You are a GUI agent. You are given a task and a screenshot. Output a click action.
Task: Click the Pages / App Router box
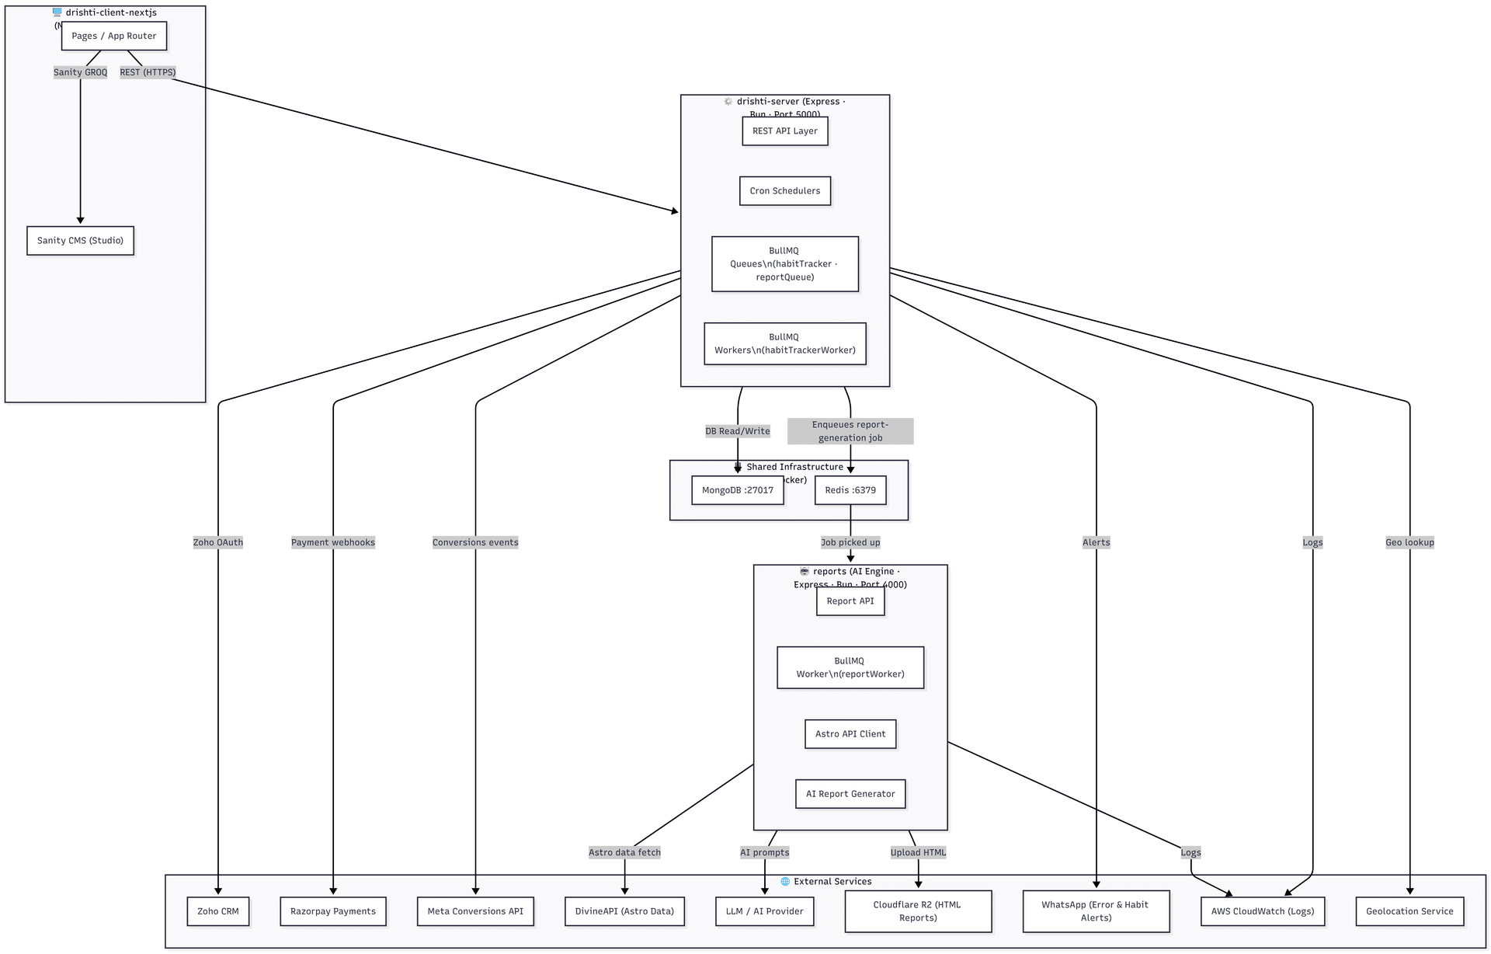pos(114,36)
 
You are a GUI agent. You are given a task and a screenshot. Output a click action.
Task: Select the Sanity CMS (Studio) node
pos(80,241)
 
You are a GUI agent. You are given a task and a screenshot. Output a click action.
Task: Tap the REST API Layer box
pos(784,131)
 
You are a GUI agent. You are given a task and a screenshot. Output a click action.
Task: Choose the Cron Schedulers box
pos(784,191)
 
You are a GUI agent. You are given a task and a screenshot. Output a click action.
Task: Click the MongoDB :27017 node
pos(737,490)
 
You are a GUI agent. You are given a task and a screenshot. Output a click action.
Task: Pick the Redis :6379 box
pos(850,490)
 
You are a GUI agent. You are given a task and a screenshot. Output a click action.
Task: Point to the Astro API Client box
pos(850,734)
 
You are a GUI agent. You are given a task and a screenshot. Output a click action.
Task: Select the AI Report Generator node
pos(850,794)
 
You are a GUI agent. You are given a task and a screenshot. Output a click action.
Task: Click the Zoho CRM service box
pos(217,911)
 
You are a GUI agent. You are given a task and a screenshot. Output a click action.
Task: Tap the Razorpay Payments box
pos(332,911)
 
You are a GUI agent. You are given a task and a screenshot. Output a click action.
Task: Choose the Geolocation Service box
pos(1409,911)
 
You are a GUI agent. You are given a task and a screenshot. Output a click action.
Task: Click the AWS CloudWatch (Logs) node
pos(1262,911)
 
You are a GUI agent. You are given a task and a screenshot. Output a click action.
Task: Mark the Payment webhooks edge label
pos(332,542)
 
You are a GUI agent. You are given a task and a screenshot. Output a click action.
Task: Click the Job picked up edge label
pos(850,542)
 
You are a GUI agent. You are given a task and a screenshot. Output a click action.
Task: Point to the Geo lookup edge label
pos(1409,542)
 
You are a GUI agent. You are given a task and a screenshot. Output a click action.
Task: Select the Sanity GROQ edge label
pos(80,72)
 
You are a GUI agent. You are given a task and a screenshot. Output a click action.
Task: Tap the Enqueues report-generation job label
pos(850,431)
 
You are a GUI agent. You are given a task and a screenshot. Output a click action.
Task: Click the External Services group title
pos(832,882)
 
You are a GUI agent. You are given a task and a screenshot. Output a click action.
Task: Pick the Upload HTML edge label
pos(917,852)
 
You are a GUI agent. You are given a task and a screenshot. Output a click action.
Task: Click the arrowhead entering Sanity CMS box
pos(80,221)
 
